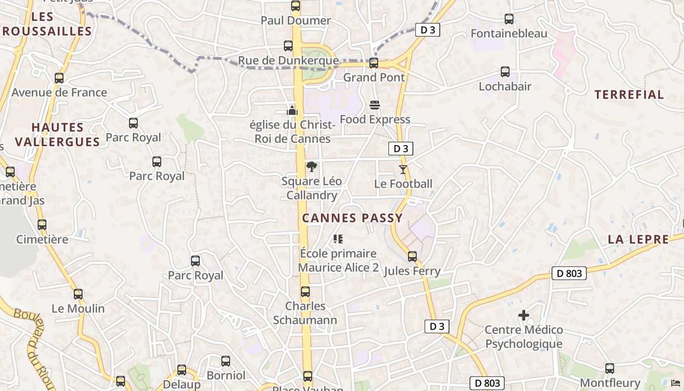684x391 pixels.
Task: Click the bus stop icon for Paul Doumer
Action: (x=295, y=6)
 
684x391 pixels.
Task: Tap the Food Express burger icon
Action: (x=375, y=105)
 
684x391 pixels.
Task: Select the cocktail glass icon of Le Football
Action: (x=403, y=170)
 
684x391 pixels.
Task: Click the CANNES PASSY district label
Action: (x=352, y=218)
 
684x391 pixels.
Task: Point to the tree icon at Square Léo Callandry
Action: (x=311, y=167)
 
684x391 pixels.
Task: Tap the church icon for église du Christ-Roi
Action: (x=292, y=110)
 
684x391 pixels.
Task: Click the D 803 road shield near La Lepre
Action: (x=569, y=273)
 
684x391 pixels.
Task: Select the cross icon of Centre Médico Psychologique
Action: (x=523, y=315)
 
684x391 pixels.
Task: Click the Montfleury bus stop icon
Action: (x=609, y=369)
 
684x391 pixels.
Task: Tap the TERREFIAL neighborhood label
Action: (x=629, y=95)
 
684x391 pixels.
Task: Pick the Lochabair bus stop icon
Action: (x=505, y=72)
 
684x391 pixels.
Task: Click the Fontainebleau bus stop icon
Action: (x=509, y=19)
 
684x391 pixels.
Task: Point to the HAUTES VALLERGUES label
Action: (x=58, y=134)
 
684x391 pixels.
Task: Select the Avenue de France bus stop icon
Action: (x=59, y=78)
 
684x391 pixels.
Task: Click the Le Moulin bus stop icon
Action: (x=78, y=294)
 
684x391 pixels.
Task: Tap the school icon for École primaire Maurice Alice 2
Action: (x=338, y=239)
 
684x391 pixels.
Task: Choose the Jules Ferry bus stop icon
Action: (x=412, y=257)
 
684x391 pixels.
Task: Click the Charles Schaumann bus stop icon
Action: (x=305, y=292)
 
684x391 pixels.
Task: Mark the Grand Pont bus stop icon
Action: (x=374, y=63)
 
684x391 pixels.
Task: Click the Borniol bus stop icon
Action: (x=226, y=361)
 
